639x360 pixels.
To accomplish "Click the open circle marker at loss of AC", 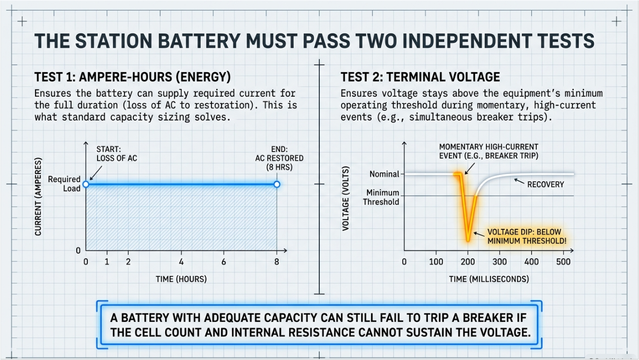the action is click(86, 184).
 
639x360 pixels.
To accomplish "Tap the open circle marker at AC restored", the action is click(277, 184).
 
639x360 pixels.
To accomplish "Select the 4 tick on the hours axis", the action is click(181, 261).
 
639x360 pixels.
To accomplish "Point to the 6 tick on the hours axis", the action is click(224, 261).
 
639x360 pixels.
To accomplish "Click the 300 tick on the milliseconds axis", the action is click(500, 261).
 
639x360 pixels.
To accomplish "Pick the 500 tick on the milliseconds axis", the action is click(563, 261).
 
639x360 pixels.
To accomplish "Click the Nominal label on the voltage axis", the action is click(384, 174).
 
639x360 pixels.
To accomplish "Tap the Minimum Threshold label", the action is click(381, 197).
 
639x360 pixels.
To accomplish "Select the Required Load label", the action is click(64, 184).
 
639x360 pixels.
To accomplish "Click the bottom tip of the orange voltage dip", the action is click(468, 241).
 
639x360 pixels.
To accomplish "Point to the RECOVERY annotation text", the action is click(545, 185).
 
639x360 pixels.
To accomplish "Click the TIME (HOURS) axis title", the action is click(181, 279).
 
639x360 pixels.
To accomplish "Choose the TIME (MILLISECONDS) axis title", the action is click(489, 279).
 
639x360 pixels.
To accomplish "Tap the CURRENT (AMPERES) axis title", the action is click(38, 197).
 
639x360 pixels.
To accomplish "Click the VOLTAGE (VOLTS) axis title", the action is click(346, 198).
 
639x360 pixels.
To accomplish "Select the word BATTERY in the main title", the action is click(199, 41).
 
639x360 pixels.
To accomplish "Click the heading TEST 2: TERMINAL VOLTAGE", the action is click(420, 77).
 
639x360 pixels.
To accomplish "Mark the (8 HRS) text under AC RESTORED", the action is click(279, 167).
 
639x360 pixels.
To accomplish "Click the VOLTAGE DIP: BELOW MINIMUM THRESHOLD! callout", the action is click(527, 236).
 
